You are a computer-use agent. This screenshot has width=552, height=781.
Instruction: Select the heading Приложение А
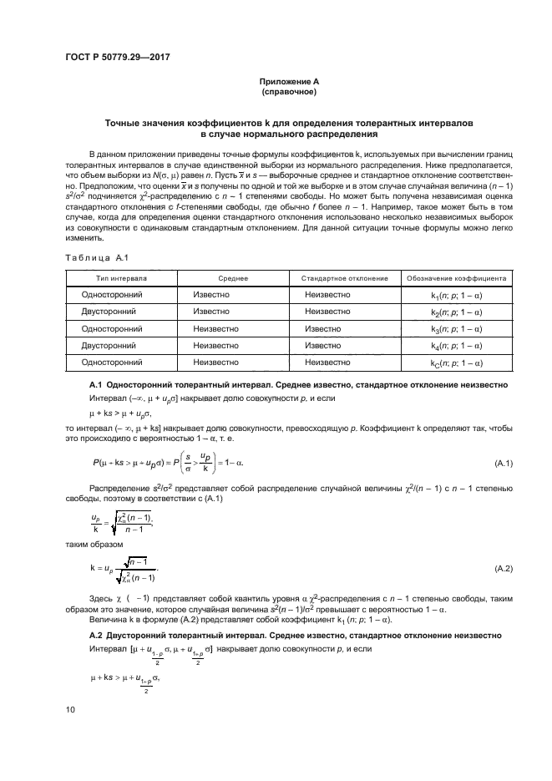pos(288,81)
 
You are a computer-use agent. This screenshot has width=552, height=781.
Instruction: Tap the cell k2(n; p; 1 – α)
pos(456,312)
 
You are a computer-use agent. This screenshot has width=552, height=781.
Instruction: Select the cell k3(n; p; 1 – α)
pos(456,329)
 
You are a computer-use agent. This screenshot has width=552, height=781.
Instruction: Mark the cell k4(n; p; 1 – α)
pos(456,346)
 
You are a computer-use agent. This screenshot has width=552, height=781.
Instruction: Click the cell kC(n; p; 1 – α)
pos(456,363)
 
